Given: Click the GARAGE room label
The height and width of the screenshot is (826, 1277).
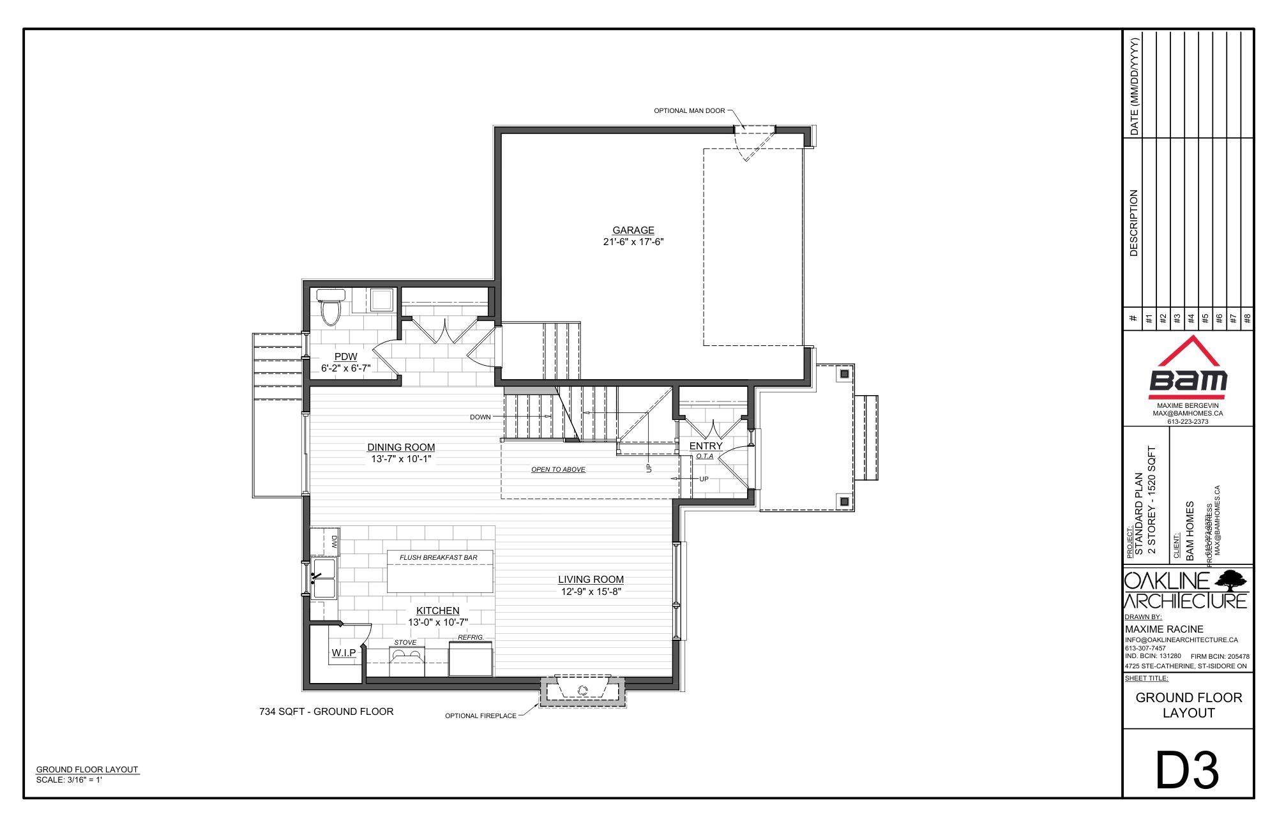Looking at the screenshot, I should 633,230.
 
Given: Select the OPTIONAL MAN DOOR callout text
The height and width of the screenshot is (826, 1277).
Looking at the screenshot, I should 689,111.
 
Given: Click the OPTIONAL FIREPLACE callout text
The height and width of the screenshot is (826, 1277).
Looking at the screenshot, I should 480,716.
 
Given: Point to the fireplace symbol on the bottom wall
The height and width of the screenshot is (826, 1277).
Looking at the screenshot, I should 582,690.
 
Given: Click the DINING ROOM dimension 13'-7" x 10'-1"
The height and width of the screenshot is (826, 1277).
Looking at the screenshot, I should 400,459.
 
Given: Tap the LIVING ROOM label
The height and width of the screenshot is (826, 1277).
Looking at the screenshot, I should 591,580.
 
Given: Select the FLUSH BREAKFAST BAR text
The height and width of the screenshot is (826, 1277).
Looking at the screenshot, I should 438,557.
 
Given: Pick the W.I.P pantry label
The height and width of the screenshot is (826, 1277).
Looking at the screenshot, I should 343,653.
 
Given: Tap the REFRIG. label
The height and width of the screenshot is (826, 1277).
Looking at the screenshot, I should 471,638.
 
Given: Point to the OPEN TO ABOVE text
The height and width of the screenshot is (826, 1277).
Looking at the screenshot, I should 558,470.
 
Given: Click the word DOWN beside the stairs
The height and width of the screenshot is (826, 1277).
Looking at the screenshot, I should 480,417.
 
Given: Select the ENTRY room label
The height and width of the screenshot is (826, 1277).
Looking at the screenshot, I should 706,446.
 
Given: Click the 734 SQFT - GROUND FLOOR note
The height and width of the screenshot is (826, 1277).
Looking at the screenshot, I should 326,711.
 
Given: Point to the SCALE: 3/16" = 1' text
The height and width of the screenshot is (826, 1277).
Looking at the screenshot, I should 70,779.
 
